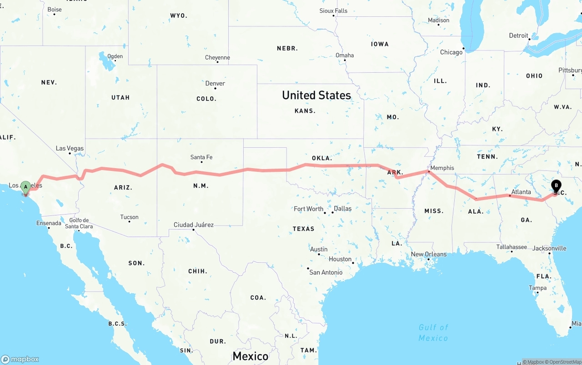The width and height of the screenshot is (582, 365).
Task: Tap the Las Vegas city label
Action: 70,148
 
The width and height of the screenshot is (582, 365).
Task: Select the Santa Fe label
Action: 201,157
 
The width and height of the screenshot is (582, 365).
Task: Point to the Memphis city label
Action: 442,168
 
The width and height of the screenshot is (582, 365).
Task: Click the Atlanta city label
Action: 521,192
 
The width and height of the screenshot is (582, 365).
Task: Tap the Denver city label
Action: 215,83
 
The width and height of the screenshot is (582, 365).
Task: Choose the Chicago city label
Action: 451,52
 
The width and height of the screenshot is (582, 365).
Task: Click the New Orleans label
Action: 429,254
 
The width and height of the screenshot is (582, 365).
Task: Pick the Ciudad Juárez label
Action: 194,225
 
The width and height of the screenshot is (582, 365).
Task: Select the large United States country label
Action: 316,95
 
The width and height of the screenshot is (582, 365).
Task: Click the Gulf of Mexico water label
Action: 433,332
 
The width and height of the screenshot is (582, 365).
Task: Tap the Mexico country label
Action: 250,356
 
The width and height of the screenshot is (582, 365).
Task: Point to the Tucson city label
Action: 130,217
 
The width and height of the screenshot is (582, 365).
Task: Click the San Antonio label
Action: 326,272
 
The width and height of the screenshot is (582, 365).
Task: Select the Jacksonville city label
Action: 549,248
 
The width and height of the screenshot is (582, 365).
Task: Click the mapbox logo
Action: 20,359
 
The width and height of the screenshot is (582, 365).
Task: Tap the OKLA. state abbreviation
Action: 321,158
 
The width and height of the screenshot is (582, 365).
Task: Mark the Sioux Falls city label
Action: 333,10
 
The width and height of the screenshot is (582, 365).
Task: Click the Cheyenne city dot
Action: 217,62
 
